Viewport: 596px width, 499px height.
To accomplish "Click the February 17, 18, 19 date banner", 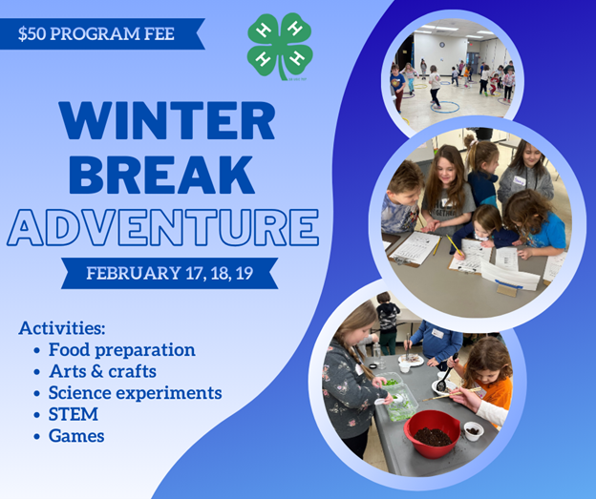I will click(x=169, y=274).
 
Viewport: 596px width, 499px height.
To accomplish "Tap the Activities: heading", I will click(x=62, y=328).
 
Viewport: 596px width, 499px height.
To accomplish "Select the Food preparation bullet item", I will click(x=121, y=350).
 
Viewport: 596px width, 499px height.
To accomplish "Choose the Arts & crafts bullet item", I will click(x=102, y=371).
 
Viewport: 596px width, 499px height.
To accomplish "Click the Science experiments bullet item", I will click(x=135, y=393).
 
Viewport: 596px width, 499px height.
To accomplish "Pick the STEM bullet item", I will click(x=74, y=415).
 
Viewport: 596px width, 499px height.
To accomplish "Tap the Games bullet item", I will click(x=76, y=436).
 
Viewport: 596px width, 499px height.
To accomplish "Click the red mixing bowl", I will click(x=433, y=434).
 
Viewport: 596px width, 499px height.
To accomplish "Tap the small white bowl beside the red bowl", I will click(x=473, y=430).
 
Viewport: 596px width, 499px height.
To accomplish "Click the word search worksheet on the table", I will click(x=417, y=248).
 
